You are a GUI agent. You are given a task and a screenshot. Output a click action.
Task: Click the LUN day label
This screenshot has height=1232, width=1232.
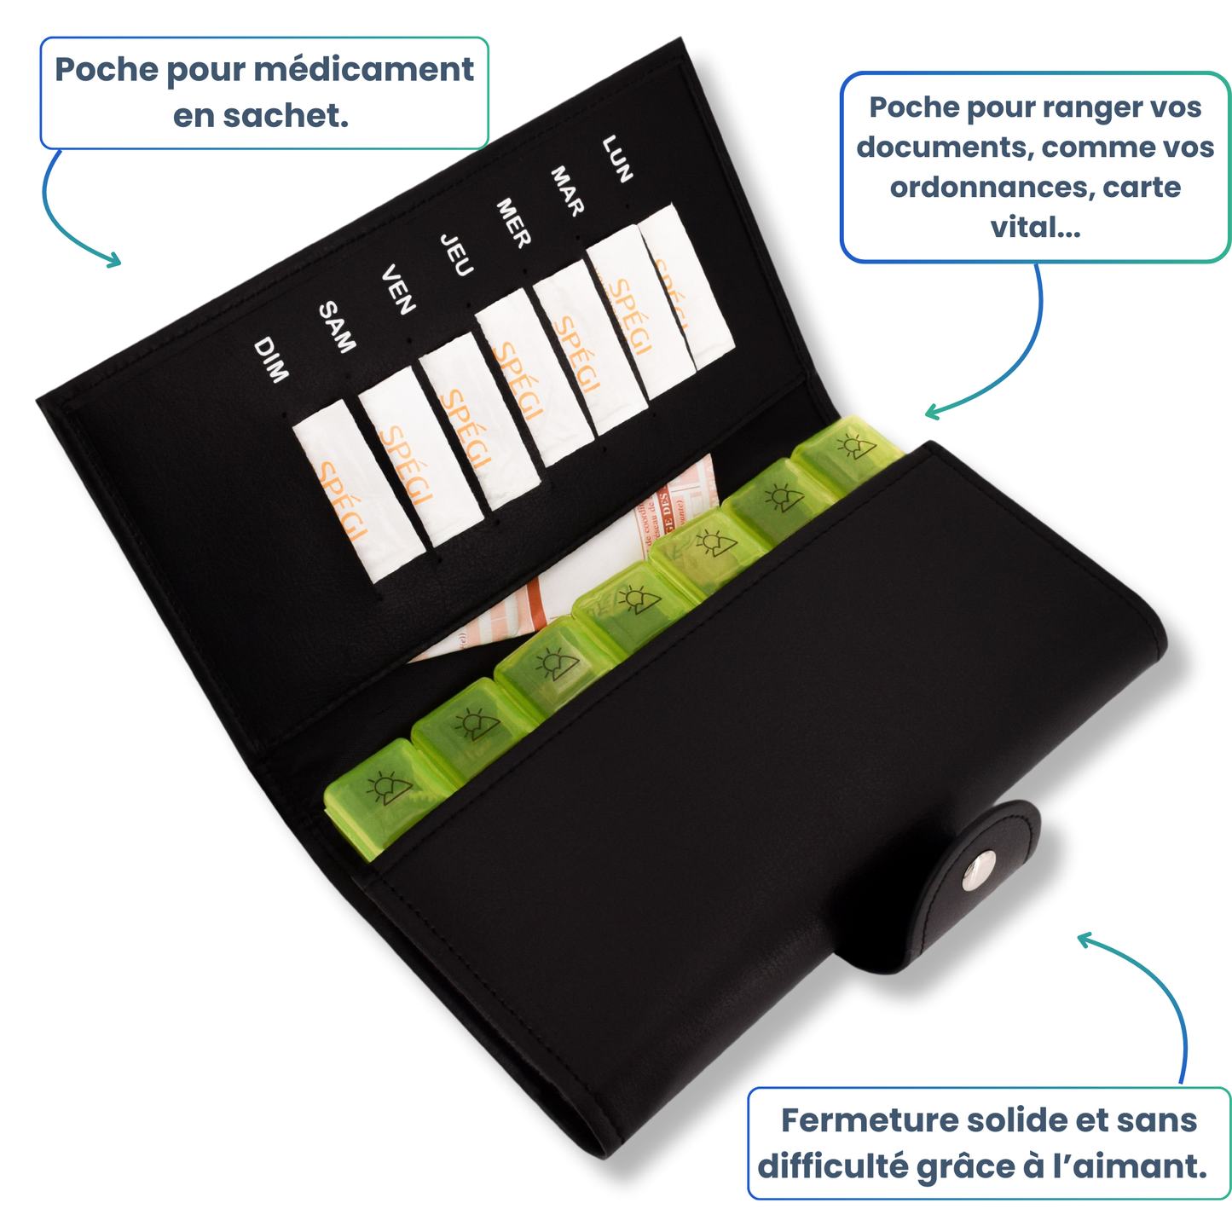pyautogui.click(x=617, y=159)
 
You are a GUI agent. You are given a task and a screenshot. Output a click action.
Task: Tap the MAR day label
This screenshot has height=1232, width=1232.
pyautogui.click(x=566, y=191)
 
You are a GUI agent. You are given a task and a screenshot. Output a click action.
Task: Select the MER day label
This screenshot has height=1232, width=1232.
pyautogui.click(x=513, y=223)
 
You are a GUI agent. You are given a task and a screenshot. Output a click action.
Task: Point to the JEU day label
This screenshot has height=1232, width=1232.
pyautogui.click(x=456, y=255)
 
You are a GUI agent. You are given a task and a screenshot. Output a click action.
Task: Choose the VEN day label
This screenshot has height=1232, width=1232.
pyautogui.click(x=398, y=290)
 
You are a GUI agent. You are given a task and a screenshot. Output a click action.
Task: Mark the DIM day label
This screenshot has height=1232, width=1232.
pyautogui.click(x=271, y=360)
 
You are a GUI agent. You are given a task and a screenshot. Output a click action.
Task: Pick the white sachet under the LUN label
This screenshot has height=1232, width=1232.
pyautogui.click(x=685, y=286)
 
